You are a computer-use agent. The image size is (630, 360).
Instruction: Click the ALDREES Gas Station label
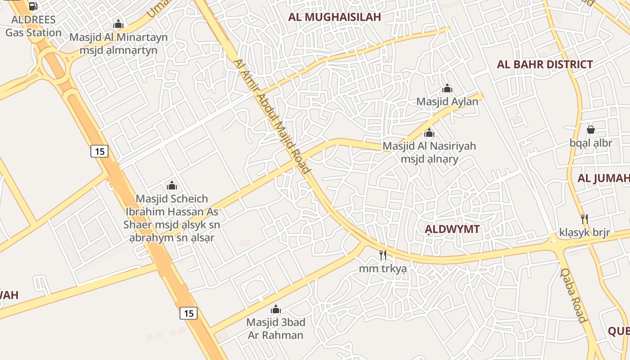pos(33,26)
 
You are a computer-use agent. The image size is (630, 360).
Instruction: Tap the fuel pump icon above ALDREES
pos(33,6)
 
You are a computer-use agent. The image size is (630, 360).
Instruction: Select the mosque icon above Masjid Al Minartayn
pos(118,24)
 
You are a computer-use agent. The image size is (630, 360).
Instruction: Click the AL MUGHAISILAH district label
pos(334,17)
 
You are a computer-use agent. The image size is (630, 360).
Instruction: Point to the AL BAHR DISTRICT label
pos(544,64)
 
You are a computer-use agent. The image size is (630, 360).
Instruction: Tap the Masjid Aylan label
pos(447,102)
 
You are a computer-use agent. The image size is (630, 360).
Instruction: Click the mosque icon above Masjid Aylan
pos(447,88)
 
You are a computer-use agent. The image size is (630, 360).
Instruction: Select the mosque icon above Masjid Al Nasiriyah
pos(429,133)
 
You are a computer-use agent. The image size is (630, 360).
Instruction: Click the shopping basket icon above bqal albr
pos(591,130)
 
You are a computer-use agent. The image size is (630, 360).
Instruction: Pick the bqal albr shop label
pos(591,143)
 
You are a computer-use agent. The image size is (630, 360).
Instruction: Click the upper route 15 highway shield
pos(99,151)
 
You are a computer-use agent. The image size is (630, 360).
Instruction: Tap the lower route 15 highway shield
pos(189,313)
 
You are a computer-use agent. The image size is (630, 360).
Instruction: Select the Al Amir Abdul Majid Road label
pos(273,116)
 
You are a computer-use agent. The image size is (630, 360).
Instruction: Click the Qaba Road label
pos(573,295)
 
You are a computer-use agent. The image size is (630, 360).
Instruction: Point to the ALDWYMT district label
pos(452,229)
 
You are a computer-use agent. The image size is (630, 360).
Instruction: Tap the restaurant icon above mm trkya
pos(382,256)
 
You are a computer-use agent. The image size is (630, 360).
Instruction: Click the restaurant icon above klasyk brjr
pos(585,219)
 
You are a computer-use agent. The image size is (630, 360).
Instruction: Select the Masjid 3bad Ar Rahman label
pos(275,329)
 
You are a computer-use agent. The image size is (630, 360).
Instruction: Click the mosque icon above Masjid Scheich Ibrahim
pos(172,185)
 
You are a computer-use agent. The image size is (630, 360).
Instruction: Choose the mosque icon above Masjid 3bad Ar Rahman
pos(275,310)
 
